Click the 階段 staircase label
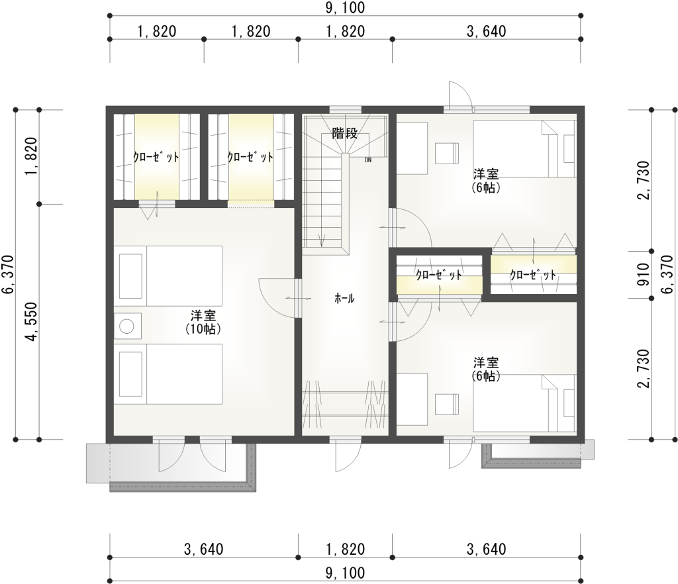(344, 133)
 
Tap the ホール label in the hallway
(344, 299)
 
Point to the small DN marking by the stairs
(368, 160)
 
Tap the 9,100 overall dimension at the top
(345, 8)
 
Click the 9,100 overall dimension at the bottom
(345, 572)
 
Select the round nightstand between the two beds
(127, 326)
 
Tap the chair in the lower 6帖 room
(447, 404)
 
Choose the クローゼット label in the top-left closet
(157, 158)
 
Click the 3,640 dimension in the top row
(486, 31)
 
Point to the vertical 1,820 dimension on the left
(30, 156)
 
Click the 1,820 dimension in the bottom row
(345, 549)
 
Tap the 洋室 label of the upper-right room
(485, 174)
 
